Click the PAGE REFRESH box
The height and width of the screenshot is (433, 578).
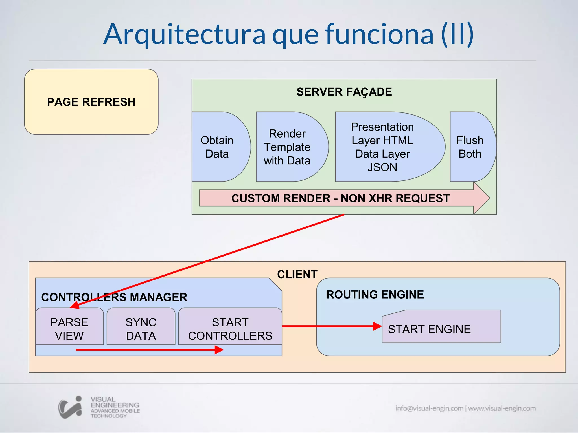(91, 102)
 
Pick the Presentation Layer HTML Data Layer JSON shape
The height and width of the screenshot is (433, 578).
(383, 147)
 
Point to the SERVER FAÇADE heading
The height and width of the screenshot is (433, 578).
(344, 92)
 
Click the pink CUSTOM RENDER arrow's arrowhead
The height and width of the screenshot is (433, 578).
(481, 198)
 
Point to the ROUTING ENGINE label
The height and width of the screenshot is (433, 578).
(375, 295)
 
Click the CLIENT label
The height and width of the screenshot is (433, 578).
(297, 274)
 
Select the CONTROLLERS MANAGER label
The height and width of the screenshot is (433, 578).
(114, 297)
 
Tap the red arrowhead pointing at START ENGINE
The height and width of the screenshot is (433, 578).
(377, 326)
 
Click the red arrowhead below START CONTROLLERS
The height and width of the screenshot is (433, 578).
(219, 350)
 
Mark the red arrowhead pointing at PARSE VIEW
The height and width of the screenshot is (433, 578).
(74, 305)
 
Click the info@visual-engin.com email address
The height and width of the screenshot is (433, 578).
(429, 408)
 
